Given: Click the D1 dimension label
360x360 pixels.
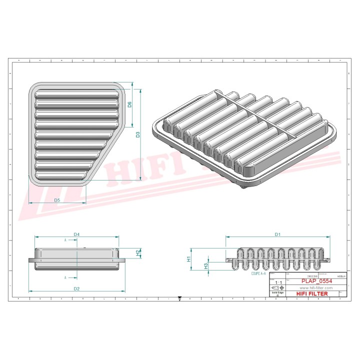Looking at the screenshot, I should [277, 234].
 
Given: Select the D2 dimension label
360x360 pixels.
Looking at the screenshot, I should [76, 288].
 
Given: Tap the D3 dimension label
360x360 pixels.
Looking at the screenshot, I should [138, 134].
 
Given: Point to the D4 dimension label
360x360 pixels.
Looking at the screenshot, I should [76, 234].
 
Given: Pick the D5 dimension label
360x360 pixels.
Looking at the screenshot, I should [57, 200].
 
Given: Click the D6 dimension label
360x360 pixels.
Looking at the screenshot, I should [129, 104].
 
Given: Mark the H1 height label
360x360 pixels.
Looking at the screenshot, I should [189, 259].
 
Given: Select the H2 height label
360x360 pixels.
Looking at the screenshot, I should [138, 253].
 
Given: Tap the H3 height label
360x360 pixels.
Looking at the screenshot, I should [206, 266].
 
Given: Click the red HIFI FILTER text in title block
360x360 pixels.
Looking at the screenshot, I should [312, 294].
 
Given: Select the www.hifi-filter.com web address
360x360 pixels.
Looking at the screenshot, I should [315, 288].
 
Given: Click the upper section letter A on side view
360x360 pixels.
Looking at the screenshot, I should [65, 240].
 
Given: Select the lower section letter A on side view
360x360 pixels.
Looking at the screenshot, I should [65, 277].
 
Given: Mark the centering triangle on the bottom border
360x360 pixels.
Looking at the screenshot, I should [179, 298].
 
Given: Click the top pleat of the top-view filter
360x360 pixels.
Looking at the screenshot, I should [76, 93].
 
